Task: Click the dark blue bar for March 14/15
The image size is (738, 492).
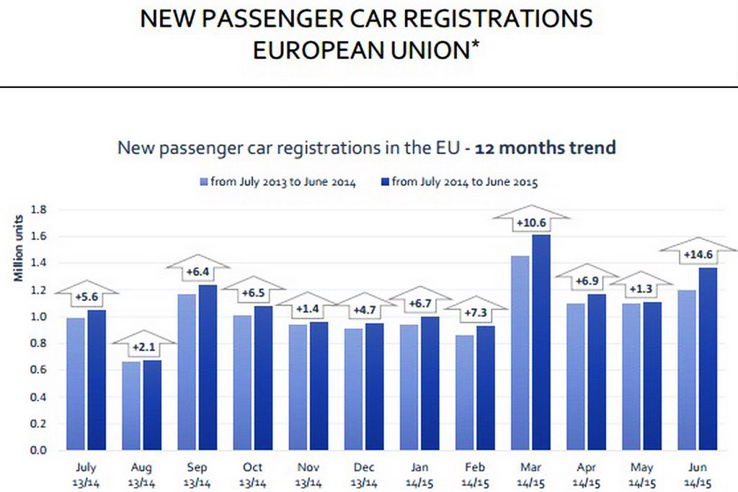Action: coord(541,342)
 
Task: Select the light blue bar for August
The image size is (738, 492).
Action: coord(131,406)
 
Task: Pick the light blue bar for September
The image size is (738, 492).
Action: coord(187,372)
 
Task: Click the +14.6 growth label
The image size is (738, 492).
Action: coord(698,254)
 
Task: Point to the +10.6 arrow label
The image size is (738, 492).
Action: coord(530,223)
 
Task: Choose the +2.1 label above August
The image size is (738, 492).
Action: coord(143,347)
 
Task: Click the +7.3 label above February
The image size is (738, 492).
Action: coord(476,312)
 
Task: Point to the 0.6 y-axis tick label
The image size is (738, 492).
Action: coord(37,370)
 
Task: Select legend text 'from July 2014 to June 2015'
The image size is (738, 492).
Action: coord(465,182)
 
